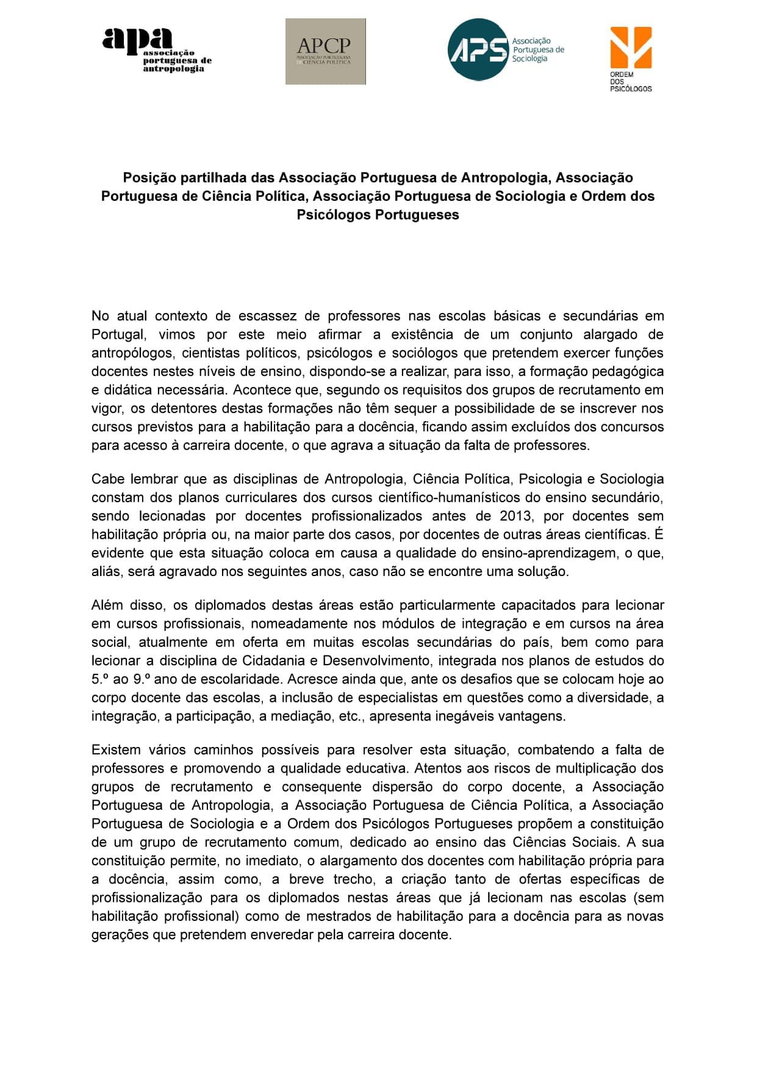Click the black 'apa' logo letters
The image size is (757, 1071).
137,40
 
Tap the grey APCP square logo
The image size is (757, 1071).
325,51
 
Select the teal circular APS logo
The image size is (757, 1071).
478,49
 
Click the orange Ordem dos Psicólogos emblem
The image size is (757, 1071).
631,48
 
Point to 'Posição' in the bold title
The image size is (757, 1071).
146,178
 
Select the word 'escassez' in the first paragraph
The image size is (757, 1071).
267,316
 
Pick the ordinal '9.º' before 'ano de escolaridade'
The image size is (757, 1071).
142,679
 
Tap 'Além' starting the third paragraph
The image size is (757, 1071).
107,605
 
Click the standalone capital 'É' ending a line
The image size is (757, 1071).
658,534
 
